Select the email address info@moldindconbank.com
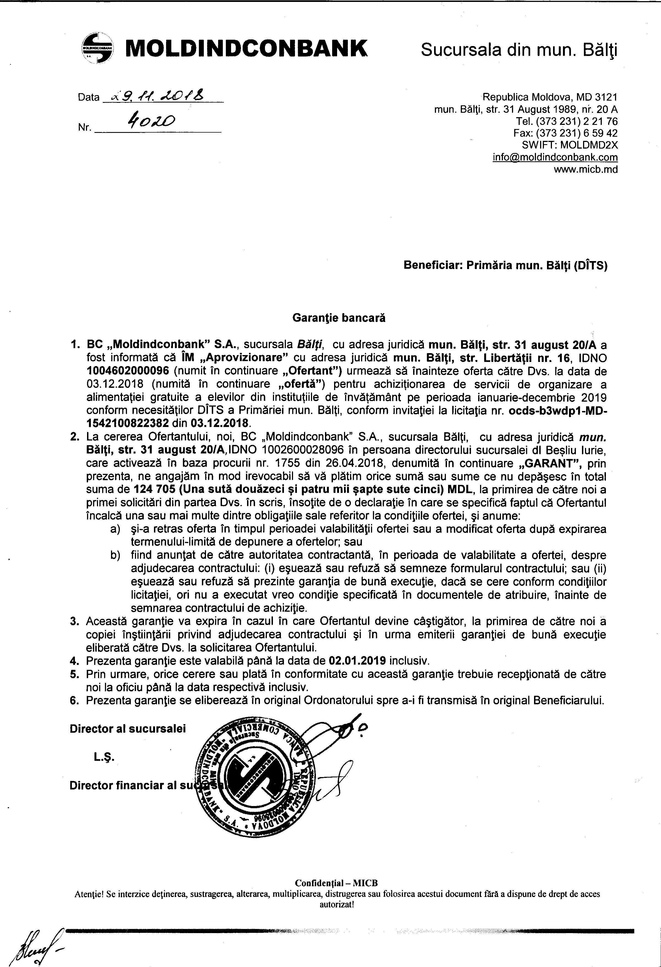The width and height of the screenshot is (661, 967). click(555, 157)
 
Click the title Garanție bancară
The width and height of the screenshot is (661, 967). click(339, 318)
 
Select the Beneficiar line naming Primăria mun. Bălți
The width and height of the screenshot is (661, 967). click(505, 265)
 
